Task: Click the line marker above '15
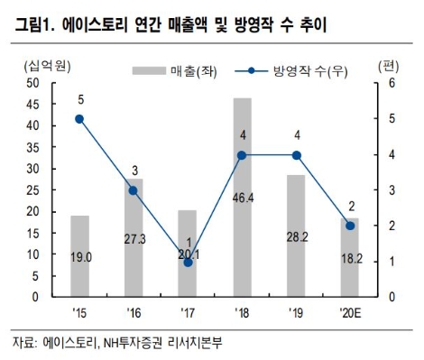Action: (x=79, y=118)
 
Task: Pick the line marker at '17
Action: (x=188, y=262)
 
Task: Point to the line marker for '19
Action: (x=296, y=154)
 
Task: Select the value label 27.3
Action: (x=134, y=238)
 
